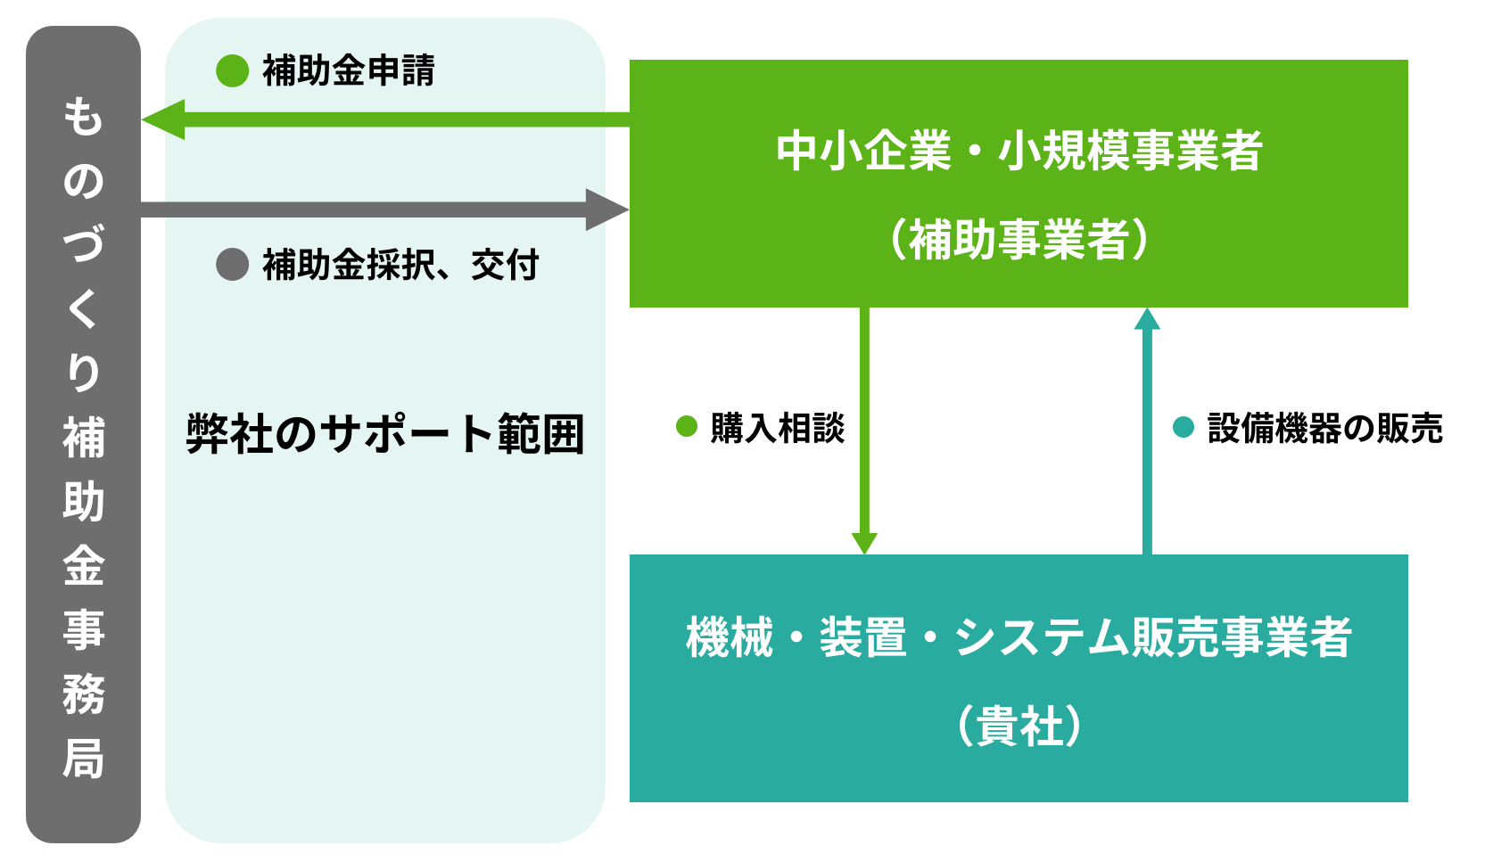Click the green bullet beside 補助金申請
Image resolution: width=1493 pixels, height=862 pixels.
(232, 71)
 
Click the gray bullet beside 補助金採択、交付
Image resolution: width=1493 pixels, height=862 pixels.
(232, 265)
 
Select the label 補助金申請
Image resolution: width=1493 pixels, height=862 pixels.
(348, 71)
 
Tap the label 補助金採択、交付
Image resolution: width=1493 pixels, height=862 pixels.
(400, 265)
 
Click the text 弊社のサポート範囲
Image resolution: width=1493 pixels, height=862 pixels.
(385, 434)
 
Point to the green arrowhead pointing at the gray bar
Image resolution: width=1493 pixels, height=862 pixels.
(165, 119)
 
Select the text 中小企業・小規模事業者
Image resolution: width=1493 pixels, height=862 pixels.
(1019, 150)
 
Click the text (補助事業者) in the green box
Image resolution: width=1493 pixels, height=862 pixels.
(1019, 239)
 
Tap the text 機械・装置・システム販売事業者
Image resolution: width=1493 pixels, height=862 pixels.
(1019, 637)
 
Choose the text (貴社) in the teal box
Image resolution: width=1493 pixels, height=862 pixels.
(1019, 727)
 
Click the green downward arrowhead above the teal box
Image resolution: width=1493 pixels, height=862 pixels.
(864, 542)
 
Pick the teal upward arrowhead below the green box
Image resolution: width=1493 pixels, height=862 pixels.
(1147, 319)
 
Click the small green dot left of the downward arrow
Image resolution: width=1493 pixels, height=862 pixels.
(687, 427)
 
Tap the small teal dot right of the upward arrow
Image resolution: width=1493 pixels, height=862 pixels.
(1184, 428)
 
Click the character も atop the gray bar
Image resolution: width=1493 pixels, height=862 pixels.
(83, 117)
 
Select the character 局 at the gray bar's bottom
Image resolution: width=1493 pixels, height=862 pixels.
(83, 759)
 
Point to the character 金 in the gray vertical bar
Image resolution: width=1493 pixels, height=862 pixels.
(83, 566)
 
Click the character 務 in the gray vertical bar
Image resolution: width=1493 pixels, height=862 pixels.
(83, 694)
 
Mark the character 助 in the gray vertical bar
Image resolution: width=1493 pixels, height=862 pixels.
(83, 502)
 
